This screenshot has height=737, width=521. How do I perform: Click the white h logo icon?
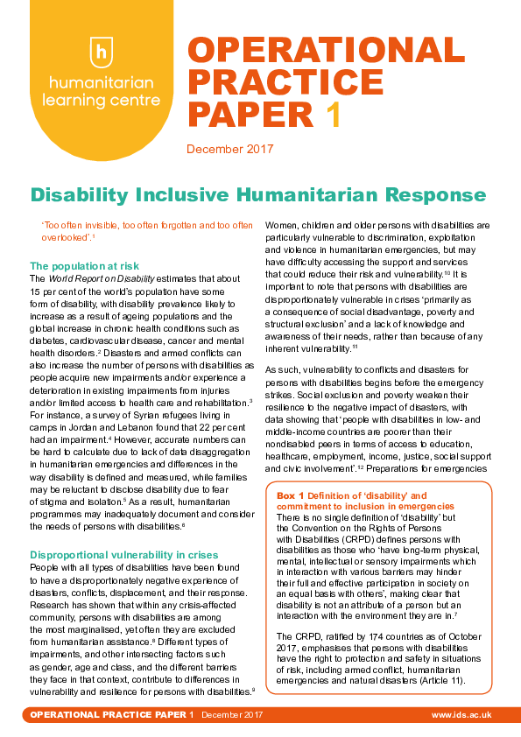pos(102,51)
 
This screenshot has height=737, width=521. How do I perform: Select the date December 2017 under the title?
pos(230,149)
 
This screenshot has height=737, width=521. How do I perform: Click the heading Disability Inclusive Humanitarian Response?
pos(257,193)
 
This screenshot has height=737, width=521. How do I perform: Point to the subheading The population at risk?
pos(84,265)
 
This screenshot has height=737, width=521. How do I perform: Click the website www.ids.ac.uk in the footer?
pos(461,715)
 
